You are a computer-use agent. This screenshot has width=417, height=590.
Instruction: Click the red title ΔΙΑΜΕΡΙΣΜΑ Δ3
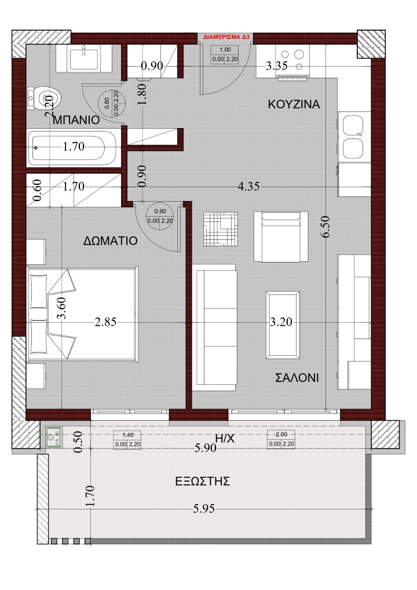click(x=226, y=37)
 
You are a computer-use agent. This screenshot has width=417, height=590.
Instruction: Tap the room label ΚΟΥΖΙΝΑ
click(x=294, y=104)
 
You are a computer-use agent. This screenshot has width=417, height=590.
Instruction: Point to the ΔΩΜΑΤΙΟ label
click(x=109, y=241)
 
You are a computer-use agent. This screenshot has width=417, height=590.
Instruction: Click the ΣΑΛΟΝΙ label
click(x=297, y=378)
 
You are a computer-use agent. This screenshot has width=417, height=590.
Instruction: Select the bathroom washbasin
click(x=85, y=58)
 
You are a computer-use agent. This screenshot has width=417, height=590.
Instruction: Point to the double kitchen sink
click(x=353, y=137)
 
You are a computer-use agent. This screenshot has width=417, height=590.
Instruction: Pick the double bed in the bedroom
click(x=81, y=313)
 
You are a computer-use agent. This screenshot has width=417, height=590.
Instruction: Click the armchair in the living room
click(x=280, y=236)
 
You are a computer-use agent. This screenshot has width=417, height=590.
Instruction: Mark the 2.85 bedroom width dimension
click(x=105, y=323)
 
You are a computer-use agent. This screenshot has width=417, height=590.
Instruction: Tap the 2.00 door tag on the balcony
click(x=280, y=439)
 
